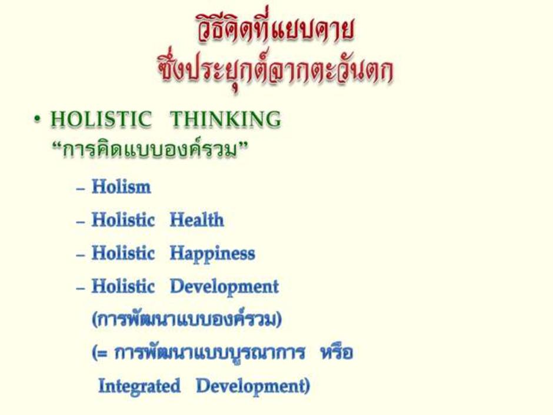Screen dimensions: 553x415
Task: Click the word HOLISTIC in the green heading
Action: click(101, 119)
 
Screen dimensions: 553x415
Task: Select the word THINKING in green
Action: click(226, 119)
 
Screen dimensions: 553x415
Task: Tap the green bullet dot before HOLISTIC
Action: click(37, 119)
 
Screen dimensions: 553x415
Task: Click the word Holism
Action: click(121, 187)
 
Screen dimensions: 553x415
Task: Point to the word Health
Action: click(197, 220)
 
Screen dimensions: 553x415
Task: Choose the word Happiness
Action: click(212, 254)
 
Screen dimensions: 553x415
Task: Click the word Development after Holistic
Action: click(224, 287)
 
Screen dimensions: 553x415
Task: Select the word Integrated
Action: click(139, 386)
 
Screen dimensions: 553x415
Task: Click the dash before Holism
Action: click(81, 189)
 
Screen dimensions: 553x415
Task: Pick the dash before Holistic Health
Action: click(81, 222)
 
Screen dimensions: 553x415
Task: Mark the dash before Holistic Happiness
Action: click(81, 255)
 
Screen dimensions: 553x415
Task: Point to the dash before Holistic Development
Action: click(81, 288)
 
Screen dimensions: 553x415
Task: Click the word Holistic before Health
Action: click(123, 220)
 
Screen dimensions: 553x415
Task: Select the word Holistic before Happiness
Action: click(123, 253)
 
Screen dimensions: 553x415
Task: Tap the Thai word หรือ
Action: click(337, 351)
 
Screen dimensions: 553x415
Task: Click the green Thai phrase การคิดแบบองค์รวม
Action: click(149, 150)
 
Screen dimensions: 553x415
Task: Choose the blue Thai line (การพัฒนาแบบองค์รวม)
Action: click(186, 319)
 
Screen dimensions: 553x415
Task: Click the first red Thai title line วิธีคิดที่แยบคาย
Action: click(275, 28)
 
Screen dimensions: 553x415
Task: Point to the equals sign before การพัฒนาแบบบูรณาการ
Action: click(102, 353)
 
